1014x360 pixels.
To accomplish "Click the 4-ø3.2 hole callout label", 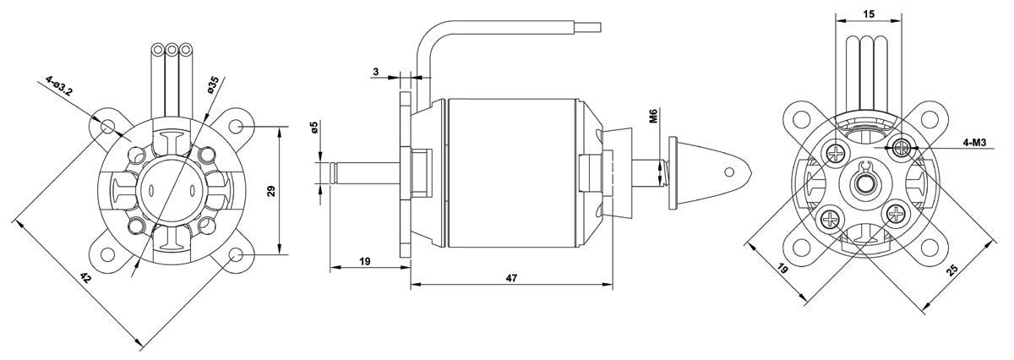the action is (59, 85).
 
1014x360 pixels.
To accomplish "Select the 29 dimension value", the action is (271, 191).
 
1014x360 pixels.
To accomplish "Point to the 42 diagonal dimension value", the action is (85, 277).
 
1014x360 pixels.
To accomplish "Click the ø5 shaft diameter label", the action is (314, 128).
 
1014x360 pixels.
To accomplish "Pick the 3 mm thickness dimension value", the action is (376, 72).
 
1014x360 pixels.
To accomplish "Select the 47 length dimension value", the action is (511, 278).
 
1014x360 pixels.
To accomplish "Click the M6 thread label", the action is (653, 116).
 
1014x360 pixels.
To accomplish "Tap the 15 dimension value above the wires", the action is (869, 14).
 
